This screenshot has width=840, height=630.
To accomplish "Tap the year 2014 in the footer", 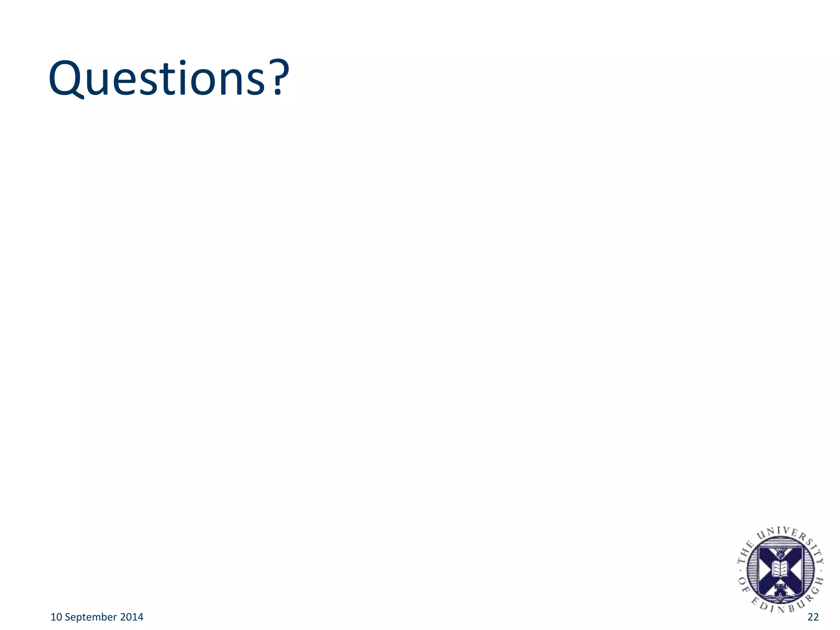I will pos(132,617).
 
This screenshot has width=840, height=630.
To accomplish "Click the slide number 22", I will pos(813,617).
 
